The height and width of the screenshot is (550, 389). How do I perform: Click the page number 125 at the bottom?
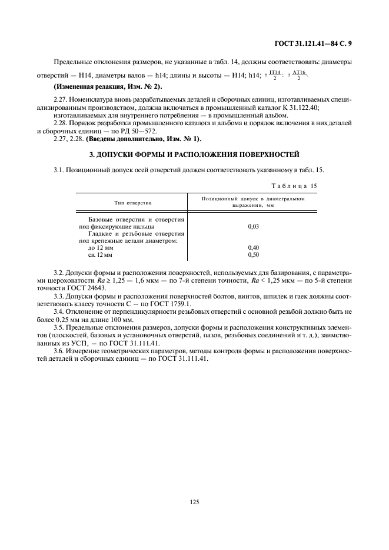195,501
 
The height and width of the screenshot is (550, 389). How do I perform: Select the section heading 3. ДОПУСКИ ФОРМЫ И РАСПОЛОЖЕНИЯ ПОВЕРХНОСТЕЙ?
194,155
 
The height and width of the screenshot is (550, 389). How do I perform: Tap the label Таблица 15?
296,186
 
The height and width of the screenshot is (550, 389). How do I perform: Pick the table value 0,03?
254,226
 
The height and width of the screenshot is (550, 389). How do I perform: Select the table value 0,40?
254,248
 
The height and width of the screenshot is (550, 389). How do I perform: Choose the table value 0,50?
254,256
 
